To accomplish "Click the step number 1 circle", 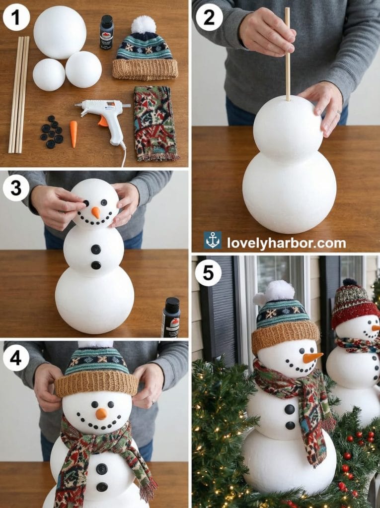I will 16,17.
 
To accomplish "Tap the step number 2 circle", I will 209,17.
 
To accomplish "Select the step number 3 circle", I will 16,189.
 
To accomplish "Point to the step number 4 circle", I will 16,358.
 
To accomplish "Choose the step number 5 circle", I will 208,273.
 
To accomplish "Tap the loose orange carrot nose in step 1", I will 74,134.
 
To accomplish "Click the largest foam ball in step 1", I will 60,32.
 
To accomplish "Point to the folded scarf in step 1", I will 154,123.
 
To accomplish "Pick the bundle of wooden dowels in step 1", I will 19,94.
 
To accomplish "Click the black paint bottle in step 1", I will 106,32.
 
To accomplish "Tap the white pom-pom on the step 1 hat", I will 144,24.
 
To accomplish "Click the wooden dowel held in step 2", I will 287,55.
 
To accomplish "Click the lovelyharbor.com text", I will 287,243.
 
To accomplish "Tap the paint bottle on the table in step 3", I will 170,317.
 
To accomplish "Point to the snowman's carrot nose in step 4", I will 101,414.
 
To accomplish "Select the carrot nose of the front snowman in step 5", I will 312,357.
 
